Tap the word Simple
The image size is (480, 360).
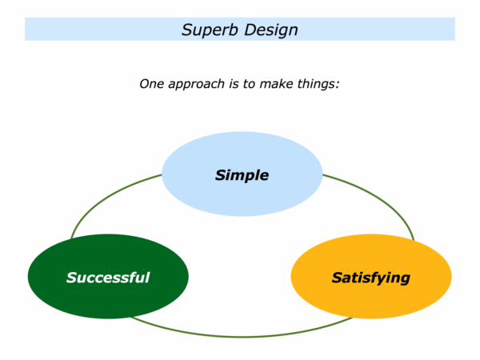click(x=242, y=175)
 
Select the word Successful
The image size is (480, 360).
click(x=108, y=278)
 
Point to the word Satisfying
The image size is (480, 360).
click(x=370, y=278)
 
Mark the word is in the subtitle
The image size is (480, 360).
click(x=234, y=82)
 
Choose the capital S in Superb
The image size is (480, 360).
click(x=186, y=30)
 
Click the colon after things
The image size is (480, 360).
click(x=338, y=84)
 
